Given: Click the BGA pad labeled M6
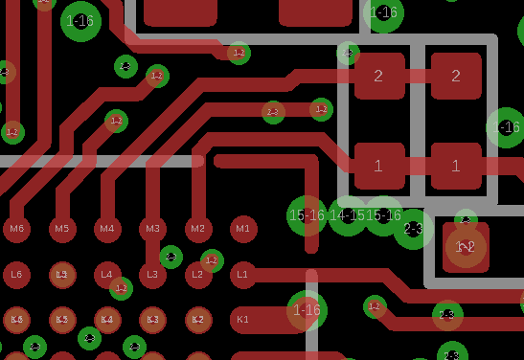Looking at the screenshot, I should coord(16,228).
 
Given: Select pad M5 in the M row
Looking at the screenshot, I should coord(62,228).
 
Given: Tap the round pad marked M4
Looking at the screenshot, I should coord(107,228).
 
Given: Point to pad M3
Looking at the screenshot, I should coord(151,228).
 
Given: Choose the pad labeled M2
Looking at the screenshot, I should coord(197,228).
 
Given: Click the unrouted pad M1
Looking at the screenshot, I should coord(243,228).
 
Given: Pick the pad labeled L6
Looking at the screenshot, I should coord(16,275).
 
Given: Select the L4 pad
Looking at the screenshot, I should coord(107,275).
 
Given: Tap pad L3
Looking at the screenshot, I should coord(151,275).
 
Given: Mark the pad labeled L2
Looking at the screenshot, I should coord(197,275).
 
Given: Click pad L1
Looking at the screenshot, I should coord(243,275).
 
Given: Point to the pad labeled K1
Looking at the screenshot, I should coord(243,319).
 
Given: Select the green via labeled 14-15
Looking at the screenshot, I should coord(347,216).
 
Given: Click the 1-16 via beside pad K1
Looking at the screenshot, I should coord(307,309).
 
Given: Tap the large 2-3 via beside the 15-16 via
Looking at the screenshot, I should coord(414,229).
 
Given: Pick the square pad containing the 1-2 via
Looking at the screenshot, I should coord(466,247).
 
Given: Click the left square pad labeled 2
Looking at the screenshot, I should coord(379,77).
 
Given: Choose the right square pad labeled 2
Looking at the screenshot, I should coord(456,77).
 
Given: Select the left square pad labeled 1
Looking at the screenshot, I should coord(379,166).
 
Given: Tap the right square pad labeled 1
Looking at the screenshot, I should coord(456,166).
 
